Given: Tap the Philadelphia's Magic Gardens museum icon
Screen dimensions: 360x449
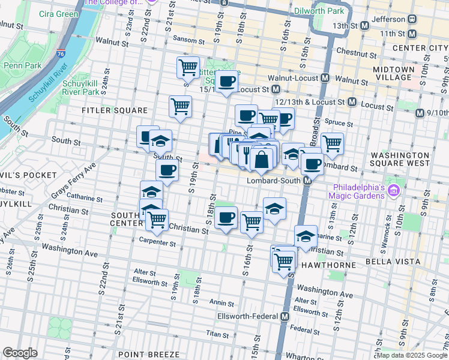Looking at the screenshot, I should click(394, 191).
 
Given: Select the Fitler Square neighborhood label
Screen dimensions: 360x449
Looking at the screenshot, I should click(115, 110).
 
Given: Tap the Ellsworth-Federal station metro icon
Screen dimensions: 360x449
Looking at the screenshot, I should click(285, 316).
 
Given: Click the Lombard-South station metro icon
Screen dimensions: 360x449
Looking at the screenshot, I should click(307, 181).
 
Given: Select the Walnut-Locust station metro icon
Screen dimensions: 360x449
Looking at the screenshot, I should click(325, 78).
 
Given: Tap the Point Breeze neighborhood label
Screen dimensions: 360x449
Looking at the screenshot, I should click(149, 354).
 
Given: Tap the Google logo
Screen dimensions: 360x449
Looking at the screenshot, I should click(20, 353).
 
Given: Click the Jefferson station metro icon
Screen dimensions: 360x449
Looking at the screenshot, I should click(412, 19).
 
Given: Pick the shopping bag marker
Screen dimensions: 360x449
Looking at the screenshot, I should click(262, 160).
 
